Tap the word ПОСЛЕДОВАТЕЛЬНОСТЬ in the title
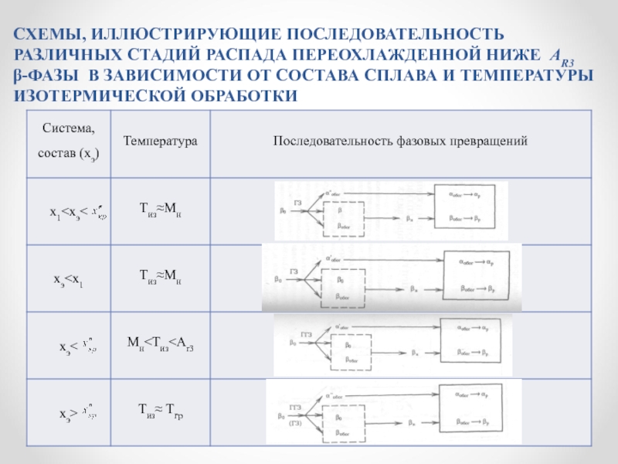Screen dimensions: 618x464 (x=396, y=36)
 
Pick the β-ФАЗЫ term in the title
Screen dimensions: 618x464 (x=48, y=76)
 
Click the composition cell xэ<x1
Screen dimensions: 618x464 (x=68, y=278)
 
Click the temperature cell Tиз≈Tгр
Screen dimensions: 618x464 (x=160, y=411)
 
